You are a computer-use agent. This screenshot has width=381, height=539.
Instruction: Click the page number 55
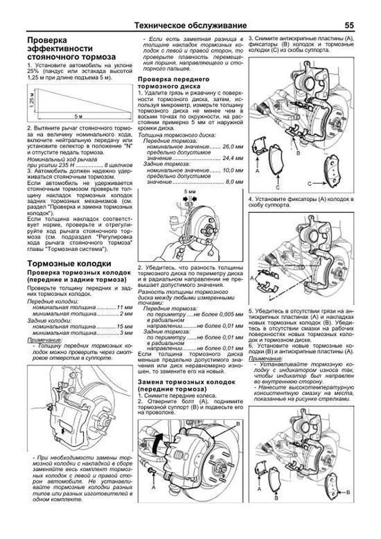pos(349,25)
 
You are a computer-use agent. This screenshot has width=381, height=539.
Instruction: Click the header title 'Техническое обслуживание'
pos(190,25)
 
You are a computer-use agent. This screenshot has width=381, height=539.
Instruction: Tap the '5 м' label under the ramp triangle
pos(78,116)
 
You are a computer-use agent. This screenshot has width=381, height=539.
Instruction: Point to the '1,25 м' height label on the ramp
pos(31,100)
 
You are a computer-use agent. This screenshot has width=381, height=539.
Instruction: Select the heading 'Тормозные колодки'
pos(69,264)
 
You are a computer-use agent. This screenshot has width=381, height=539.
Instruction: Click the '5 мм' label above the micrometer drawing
pos(190,192)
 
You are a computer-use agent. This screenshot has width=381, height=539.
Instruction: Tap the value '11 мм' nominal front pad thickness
pos(124,307)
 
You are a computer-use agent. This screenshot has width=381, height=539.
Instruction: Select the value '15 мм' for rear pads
pos(124,327)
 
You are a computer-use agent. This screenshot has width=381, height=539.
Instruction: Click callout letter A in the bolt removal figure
pos(154,487)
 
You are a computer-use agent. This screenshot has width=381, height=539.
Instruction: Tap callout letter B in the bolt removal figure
pos(238,424)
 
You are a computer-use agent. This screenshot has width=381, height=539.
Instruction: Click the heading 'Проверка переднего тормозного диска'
pos(174,83)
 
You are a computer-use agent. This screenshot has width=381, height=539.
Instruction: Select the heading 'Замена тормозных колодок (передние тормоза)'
pos(186,385)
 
